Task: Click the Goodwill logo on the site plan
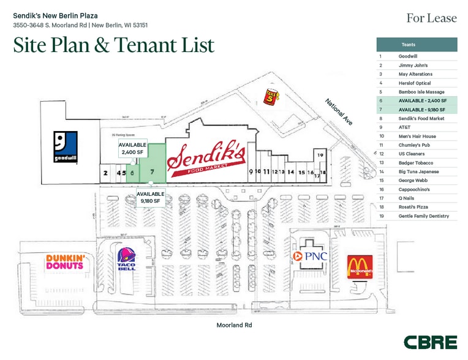[60, 147]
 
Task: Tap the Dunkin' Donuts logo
[64, 262]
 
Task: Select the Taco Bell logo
[127, 260]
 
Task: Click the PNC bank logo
[311, 257]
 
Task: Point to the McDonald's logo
[360, 267]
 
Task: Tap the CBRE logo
[430, 342]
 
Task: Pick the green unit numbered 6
[132, 173]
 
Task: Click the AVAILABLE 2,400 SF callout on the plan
[132, 149]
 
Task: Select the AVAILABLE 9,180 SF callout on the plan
[149, 197]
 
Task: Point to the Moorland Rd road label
[234, 325]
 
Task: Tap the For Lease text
[431, 18]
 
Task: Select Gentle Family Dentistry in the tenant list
[423, 216]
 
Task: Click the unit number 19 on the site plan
[320, 155]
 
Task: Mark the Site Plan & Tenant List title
[114, 45]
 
